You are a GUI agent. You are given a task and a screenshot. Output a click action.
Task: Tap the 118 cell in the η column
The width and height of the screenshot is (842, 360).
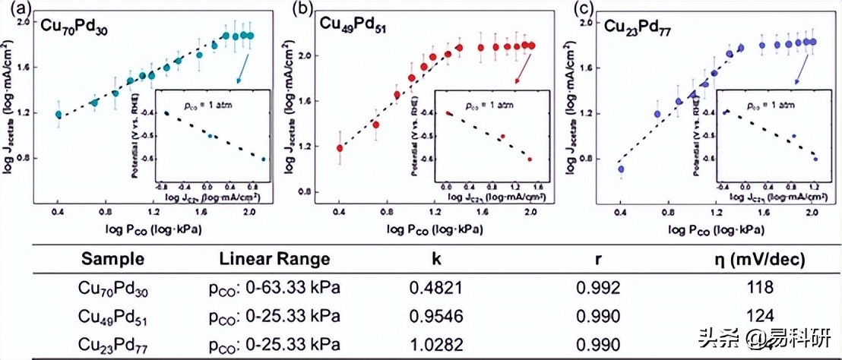(x=759, y=288)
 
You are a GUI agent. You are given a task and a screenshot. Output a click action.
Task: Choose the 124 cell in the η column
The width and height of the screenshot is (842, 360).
(x=759, y=315)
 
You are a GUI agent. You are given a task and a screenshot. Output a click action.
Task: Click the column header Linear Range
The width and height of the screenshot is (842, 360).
(x=274, y=259)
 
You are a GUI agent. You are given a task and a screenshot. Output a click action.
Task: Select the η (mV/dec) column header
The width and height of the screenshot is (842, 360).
(x=759, y=259)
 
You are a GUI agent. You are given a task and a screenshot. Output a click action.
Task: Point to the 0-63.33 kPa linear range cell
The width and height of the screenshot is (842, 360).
(x=274, y=288)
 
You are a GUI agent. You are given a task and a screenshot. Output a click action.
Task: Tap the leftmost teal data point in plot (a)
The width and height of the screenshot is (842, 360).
(x=59, y=115)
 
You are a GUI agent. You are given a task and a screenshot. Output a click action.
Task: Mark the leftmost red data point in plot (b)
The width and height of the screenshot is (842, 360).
(x=340, y=148)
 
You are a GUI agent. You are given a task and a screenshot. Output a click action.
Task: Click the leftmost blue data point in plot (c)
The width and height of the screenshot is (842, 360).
(x=621, y=169)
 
